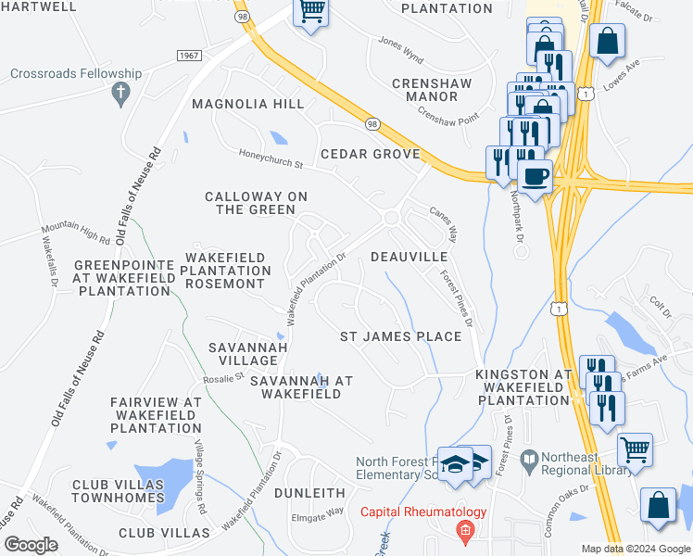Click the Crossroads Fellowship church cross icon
pyautogui.click(x=120, y=93)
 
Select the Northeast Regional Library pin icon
pyautogui.click(x=529, y=459)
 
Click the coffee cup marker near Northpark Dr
pyautogui.click(x=535, y=176)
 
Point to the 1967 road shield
pyautogui.click(x=188, y=56)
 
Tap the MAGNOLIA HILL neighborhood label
pyautogui.click(x=247, y=104)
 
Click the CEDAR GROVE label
pyautogui.click(x=371, y=154)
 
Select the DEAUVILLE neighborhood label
pyautogui.click(x=409, y=256)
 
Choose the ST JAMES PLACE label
pyautogui.click(x=400, y=335)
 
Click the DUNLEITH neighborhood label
pyautogui.click(x=309, y=493)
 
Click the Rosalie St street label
pyautogui.click(x=223, y=377)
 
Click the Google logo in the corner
pyautogui.click(x=31, y=545)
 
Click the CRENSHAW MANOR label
pyautogui.click(x=432, y=90)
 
